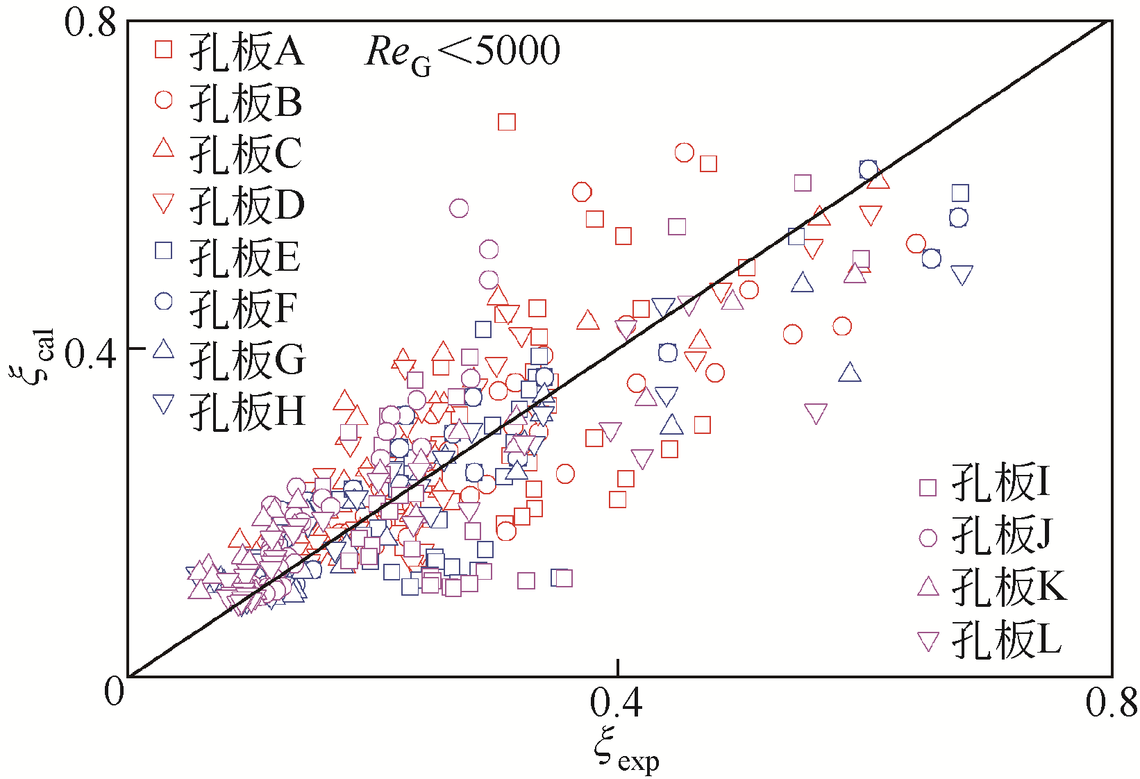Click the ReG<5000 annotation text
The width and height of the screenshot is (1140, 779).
462,53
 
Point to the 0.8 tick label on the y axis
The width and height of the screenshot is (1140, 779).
90,22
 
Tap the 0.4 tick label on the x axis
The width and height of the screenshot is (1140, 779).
617,703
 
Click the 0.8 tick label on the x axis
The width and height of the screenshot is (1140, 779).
1111,703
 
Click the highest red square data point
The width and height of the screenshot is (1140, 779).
507,122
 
